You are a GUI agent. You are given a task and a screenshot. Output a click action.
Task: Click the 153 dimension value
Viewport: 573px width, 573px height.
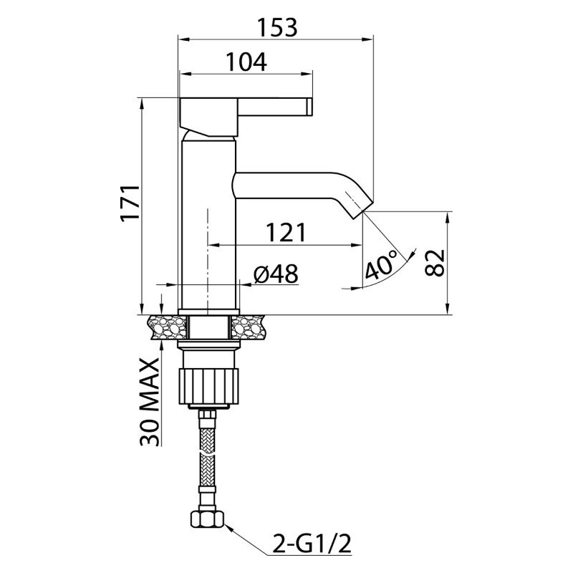tap(277, 27)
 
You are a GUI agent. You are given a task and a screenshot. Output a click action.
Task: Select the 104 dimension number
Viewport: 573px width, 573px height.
tap(246, 62)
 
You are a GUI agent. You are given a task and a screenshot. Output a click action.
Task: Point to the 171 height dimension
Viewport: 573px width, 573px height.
tap(130, 203)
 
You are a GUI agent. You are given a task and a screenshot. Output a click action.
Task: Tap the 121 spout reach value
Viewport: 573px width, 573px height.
tap(285, 232)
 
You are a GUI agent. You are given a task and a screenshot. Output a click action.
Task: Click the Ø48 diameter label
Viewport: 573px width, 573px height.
tap(276, 274)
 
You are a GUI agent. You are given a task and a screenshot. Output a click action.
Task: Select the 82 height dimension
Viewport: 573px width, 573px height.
tap(435, 263)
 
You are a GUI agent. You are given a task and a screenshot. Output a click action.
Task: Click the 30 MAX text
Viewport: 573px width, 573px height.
tap(150, 402)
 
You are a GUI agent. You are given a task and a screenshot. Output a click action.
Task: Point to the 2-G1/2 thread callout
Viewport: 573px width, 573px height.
tap(312, 544)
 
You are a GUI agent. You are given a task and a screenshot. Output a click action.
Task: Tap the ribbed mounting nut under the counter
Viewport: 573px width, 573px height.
tap(208, 387)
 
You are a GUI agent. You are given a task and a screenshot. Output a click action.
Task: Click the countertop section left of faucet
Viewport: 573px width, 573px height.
tap(168, 327)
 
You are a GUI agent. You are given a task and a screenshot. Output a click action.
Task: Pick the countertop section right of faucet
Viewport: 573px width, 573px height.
tap(248, 327)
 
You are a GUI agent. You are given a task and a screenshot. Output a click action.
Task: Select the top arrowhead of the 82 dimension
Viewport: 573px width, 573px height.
tap(447, 218)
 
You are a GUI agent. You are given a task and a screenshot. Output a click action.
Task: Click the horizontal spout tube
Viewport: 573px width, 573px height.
tap(285, 186)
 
